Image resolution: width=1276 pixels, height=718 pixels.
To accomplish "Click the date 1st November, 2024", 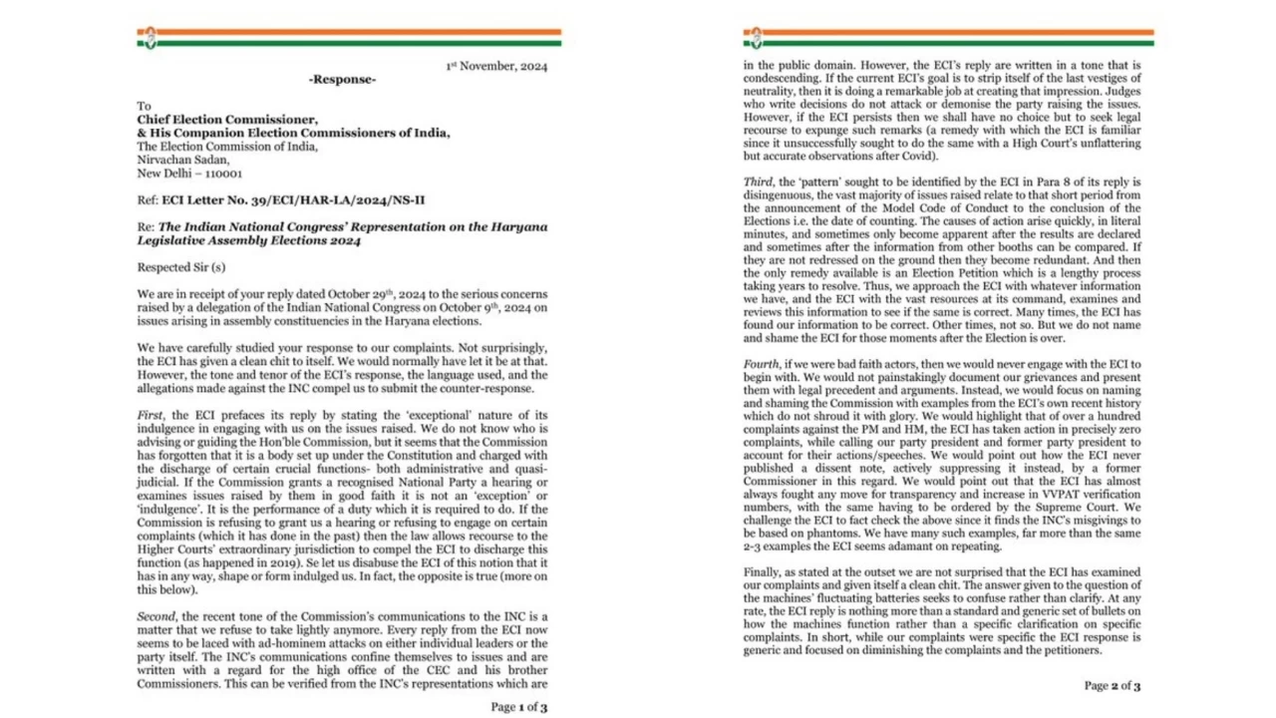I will pos(495,67).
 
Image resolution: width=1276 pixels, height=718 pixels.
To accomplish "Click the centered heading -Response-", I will pos(342,80).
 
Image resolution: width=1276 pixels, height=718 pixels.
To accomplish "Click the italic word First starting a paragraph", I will pos(152,413).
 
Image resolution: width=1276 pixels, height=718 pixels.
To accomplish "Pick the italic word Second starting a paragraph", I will pos(158,617).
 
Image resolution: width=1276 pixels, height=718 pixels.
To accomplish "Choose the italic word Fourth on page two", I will pos(763,364).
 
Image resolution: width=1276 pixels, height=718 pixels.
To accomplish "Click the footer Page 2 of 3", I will pos(1113,685).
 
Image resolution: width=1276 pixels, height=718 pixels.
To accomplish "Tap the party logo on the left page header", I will pos(148,38).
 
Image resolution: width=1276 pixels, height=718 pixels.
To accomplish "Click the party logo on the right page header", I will pos(754,38).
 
